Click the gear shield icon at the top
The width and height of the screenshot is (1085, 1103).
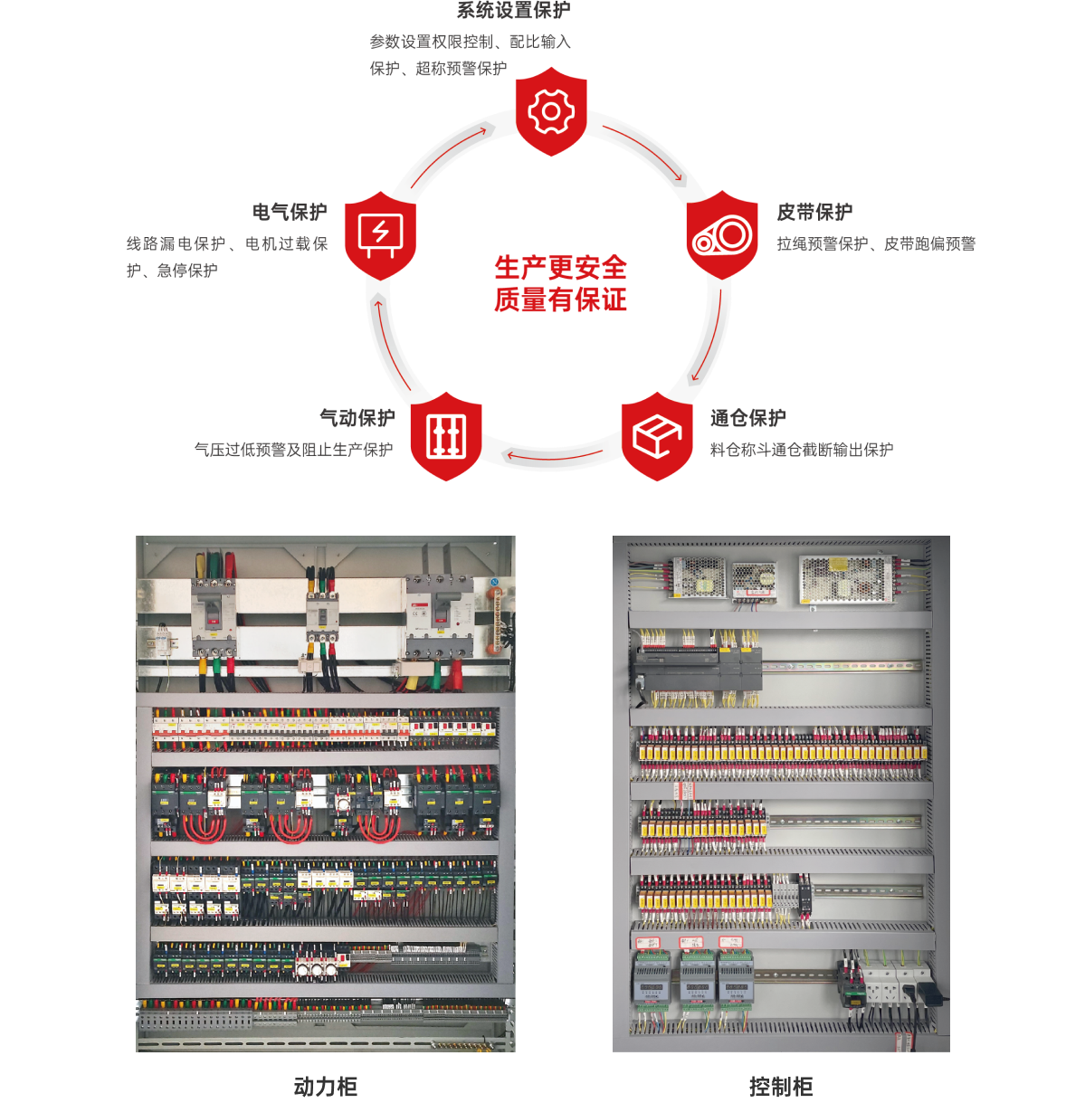coord(551,111)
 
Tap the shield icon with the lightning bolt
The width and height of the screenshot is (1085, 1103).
coord(380,235)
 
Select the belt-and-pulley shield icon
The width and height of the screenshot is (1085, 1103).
coord(722,235)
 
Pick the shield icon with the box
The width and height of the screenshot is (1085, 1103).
coord(657,437)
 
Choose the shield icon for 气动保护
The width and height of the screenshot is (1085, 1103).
coord(446,437)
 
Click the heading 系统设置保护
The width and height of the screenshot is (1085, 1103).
coord(514,10)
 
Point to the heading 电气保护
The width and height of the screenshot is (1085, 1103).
coord(290,212)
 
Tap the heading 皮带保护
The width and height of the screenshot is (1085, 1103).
coord(814,212)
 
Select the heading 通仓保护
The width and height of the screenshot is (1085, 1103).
coord(747,418)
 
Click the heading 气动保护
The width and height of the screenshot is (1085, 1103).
coord(357,418)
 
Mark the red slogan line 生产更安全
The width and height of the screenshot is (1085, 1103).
coord(560,267)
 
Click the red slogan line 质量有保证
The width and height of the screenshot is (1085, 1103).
coord(560,300)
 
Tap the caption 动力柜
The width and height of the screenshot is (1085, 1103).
coord(325,1087)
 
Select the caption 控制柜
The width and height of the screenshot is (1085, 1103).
coord(781,1087)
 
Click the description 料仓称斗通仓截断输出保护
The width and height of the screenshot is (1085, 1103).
coord(802,450)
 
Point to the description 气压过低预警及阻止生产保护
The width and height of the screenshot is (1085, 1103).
coord(294,450)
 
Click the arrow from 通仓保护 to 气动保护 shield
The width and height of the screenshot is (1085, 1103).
coord(553,457)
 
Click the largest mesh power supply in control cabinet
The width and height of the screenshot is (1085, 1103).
coord(846,578)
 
